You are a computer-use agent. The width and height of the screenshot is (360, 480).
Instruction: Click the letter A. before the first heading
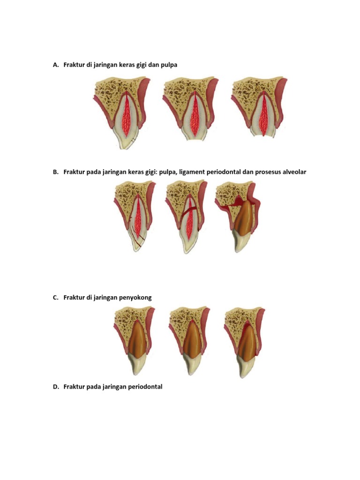55,65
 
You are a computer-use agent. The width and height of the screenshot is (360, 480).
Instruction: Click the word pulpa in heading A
169,65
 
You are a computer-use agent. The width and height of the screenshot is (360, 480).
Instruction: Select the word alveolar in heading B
294,172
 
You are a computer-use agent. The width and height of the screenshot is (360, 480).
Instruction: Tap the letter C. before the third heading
55,298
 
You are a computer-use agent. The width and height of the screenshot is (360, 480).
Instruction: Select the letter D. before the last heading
56,387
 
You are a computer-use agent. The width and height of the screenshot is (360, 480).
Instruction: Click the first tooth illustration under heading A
122,112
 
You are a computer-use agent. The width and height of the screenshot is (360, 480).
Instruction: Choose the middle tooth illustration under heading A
190,109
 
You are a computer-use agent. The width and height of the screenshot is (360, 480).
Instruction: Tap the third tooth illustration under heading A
259,107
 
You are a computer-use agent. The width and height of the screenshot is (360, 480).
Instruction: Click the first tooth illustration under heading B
135,216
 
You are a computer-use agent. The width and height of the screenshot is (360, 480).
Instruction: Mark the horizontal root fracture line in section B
189,211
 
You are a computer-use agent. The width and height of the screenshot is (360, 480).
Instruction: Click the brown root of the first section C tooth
136,339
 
